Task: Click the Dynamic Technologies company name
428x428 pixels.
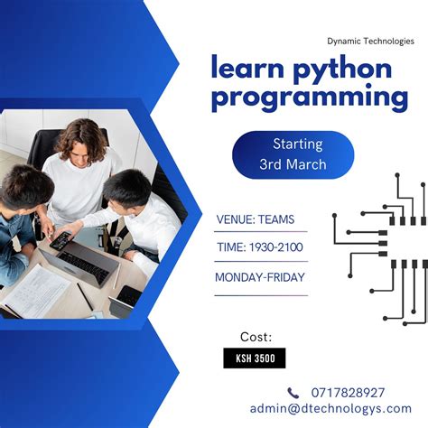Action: tap(370, 41)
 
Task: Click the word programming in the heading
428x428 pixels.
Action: tap(310, 97)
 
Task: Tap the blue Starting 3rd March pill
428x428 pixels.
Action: tap(293, 154)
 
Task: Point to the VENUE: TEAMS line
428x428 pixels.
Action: tap(256, 219)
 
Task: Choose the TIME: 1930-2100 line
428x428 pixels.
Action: tap(260, 248)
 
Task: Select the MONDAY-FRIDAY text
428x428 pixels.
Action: tap(260, 278)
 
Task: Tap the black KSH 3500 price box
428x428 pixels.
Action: tap(255, 358)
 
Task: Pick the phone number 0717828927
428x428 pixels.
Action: tap(347, 393)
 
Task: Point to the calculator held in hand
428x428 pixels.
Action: tap(61, 240)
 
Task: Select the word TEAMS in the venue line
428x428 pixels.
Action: tap(276, 219)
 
